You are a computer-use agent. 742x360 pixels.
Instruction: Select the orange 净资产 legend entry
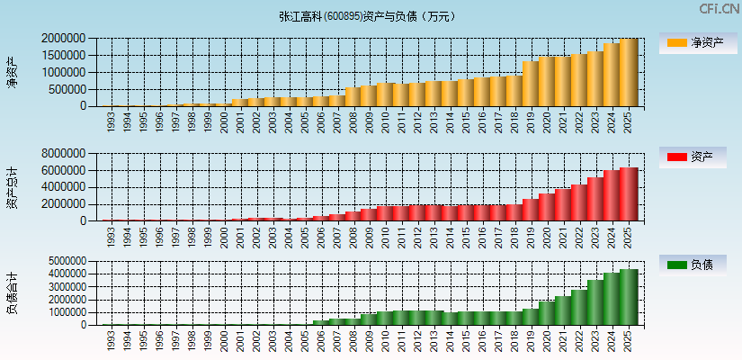[x=693, y=42]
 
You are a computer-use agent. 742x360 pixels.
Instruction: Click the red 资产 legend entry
[x=693, y=157]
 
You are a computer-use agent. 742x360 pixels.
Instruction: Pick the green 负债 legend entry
[x=693, y=265]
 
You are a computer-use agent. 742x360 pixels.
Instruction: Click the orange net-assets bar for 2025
[x=629, y=73]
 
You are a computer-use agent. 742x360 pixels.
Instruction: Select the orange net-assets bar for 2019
[x=531, y=84]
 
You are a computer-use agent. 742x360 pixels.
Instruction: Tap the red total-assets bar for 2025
[x=629, y=194]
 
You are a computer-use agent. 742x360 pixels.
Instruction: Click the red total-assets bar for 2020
[x=547, y=207]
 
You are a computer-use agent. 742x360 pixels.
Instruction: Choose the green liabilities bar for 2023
[x=595, y=302]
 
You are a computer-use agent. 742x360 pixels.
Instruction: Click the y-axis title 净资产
[x=12, y=72]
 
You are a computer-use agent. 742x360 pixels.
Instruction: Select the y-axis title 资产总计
[x=12, y=187]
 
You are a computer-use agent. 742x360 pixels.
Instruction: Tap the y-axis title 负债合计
[x=12, y=293]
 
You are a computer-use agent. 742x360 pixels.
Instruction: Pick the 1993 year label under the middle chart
[x=110, y=237]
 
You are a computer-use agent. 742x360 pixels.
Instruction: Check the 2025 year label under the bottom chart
[x=629, y=340]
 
